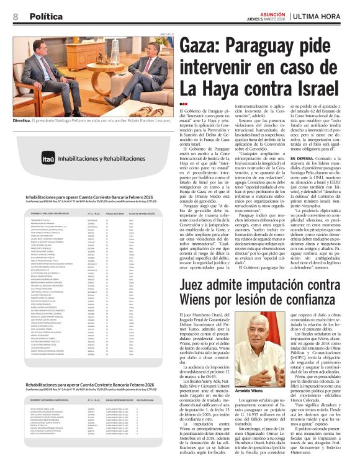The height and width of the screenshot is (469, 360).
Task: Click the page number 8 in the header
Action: click(x=14, y=15)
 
